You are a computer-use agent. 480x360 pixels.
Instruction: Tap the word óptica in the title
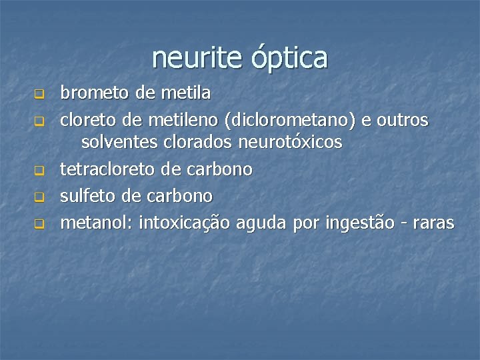(x=290, y=59)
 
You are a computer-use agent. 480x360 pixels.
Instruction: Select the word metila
(x=186, y=93)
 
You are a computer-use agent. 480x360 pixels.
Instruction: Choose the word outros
(x=403, y=121)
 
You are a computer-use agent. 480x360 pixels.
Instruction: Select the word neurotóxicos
(x=290, y=142)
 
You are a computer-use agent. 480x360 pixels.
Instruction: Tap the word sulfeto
(x=87, y=196)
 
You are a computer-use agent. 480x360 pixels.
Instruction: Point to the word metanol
(x=97, y=223)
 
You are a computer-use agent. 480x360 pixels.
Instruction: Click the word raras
(x=433, y=223)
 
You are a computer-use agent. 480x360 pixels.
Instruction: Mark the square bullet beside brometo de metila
(x=39, y=94)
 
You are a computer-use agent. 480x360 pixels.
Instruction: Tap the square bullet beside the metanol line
(x=39, y=224)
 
